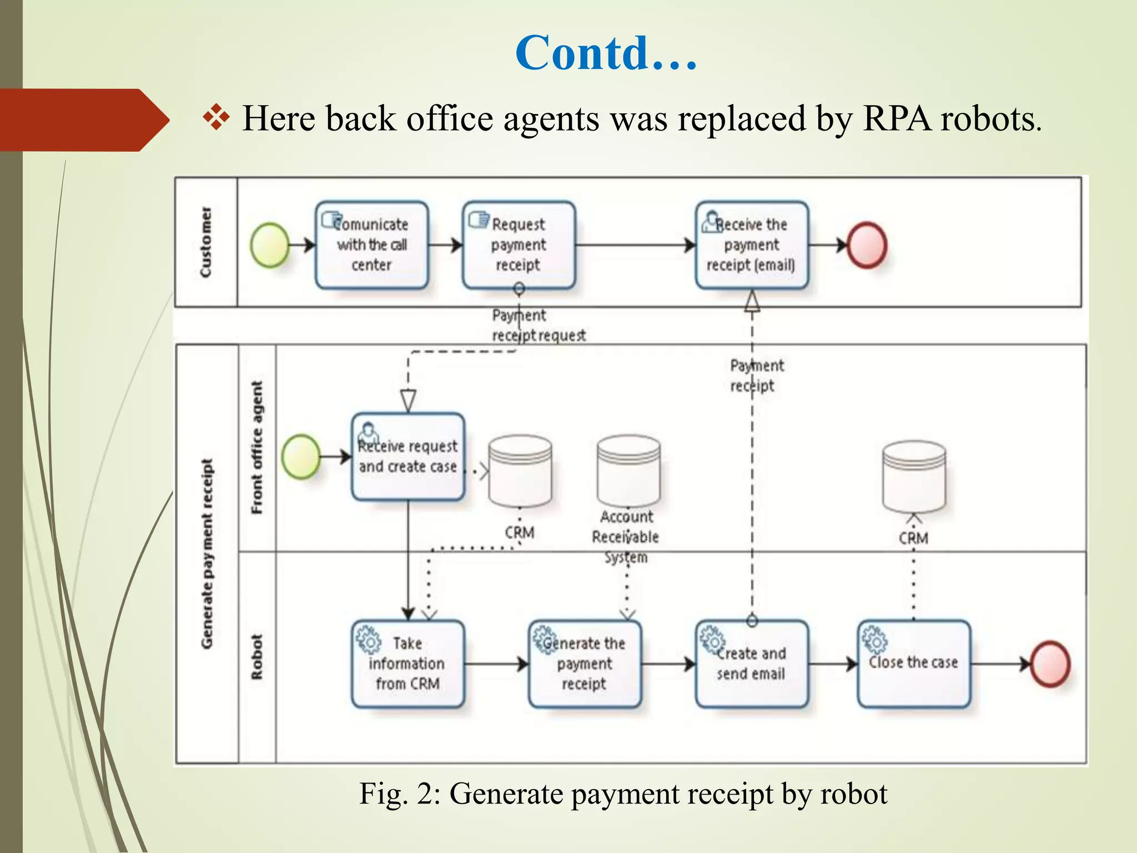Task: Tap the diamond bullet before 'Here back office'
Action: (216, 118)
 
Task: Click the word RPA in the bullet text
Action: (897, 118)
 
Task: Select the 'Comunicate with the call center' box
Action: (371, 245)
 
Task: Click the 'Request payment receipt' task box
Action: (519, 245)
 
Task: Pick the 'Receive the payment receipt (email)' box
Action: (751, 245)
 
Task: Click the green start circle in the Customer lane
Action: (270, 245)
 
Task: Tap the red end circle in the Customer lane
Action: (866, 245)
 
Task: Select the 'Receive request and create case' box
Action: (408, 457)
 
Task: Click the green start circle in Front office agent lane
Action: (301, 456)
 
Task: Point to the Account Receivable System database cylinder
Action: (628, 471)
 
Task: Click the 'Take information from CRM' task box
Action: (408, 664)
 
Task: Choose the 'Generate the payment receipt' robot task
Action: (585, 664)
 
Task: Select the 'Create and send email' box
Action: (751, 664)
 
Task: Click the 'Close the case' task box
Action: (914, 664)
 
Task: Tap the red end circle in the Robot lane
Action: (1050, 664)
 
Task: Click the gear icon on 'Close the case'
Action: (874, 640)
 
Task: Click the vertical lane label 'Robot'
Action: (256, 657)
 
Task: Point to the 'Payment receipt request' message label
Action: (537, 325)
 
